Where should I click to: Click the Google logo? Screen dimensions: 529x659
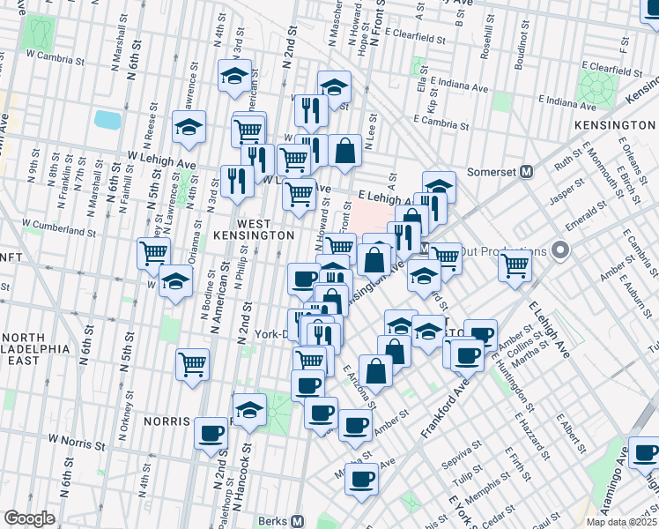tap(29, 518)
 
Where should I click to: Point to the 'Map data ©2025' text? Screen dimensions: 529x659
tap(621, 521)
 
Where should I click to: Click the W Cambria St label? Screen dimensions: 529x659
tap(53, 54)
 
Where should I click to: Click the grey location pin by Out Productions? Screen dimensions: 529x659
tap(560, 251)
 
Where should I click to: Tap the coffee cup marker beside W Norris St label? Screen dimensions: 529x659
tap(211, 434)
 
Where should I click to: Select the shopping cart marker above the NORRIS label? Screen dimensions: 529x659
tap(192, 363)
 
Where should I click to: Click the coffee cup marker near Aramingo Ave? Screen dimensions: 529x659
tap(644, 452)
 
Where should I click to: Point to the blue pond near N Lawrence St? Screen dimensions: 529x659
tap(107, 119)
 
